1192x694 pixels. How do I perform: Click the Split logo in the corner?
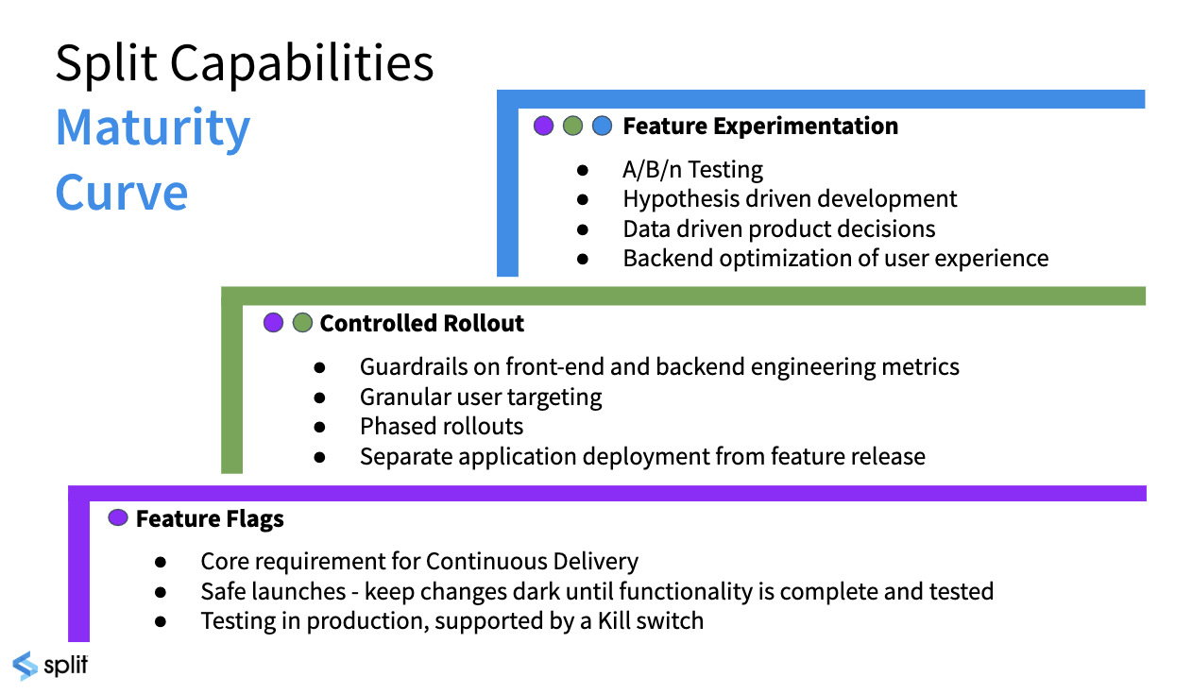click(x=50, y=665)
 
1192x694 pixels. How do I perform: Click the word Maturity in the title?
click(x=153, y=128)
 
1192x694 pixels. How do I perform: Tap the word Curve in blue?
click(x=122, y=192)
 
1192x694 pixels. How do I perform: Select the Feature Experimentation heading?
click(x=760, y=126)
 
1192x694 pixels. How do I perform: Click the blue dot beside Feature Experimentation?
click(x=602, y=126)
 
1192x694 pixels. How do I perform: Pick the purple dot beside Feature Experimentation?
click(x=543, y=126)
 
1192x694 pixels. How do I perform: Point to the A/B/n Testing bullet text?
click(x=692, y=170)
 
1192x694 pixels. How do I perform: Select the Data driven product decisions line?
click(x=778, y=229)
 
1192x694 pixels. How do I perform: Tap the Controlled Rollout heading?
click(x=421, y=323)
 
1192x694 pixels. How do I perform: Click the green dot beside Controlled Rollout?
click(x=302, y=323)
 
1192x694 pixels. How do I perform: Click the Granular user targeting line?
click(x=481, y=397)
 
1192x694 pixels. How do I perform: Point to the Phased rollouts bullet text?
click(x=441, y=426)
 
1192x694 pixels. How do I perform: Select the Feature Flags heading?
click(x=210, y=518)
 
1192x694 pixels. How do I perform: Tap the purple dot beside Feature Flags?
click(x=118, y=517)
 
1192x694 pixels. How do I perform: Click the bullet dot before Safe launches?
click(x=161, y=592)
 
